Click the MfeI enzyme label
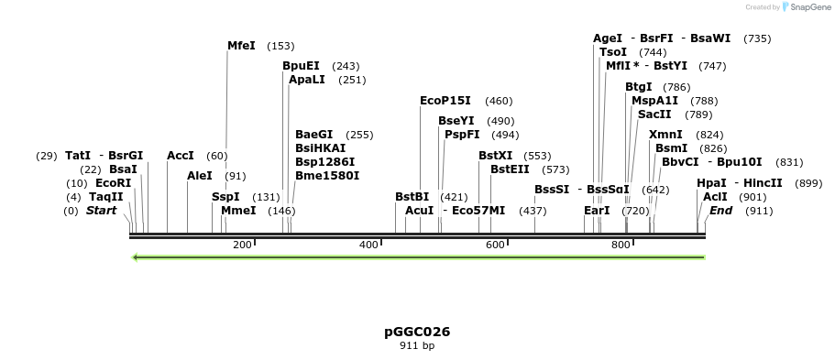241,46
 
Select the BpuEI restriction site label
301,66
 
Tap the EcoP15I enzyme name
445,101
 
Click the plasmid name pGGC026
417,332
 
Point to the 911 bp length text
417,346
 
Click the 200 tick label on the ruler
242,245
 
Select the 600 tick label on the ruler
495,245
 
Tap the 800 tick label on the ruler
621,245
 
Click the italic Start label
101,211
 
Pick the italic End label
720,211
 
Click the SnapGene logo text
807,7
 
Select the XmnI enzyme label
665,135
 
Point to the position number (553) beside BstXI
537,156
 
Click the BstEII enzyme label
510,169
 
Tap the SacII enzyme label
654,115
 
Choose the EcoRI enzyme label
113,183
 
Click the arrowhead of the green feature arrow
136,257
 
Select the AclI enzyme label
715,197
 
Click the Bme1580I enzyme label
327,176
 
